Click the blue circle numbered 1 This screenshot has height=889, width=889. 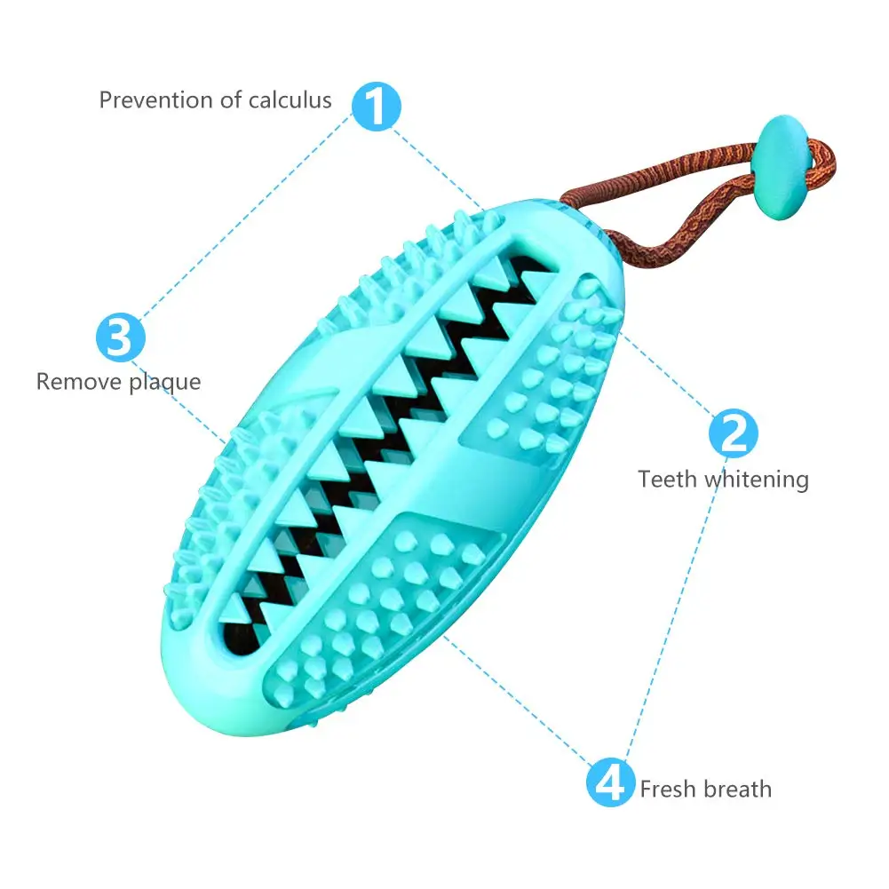[x=377, y=106]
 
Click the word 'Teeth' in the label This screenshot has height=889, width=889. [x=668, y=480]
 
